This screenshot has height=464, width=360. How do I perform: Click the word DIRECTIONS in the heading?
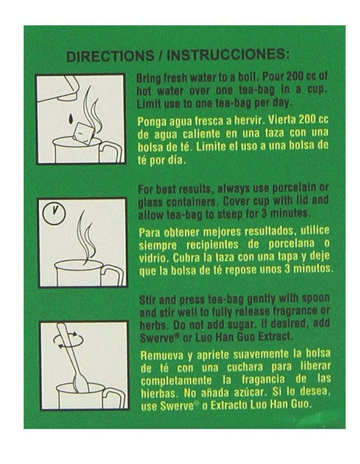[110, 56]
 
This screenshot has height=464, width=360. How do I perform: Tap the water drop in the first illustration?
[70, 118]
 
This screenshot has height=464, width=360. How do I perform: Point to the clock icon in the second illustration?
[54, 212]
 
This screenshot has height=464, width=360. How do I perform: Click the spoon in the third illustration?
[73, 358]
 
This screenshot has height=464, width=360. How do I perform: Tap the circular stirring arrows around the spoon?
[68, 340]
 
